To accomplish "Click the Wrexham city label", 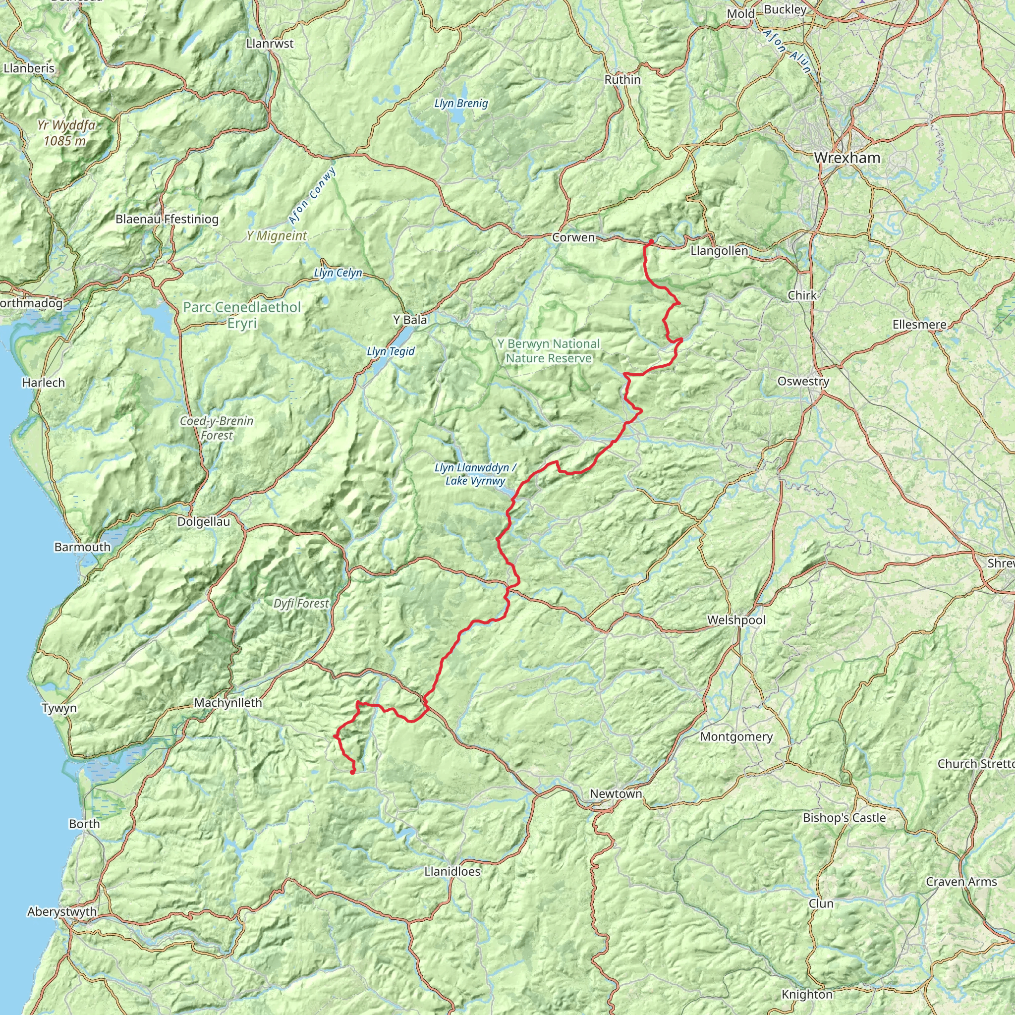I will pyautogui.click(x=847, y=158).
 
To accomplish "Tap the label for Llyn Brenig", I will pyautogui.click(x=461, y=104).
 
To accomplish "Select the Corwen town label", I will pyautogui.click(x=573, y=237).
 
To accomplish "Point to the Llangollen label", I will pyautogui.click(x=719, y=251).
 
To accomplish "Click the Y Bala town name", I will pyautogui.click(x=410, y=320).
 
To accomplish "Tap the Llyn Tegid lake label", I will pyautogui.click(x=391, y=351).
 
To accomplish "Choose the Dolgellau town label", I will pyautogui.click(x=203, y=522).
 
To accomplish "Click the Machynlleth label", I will pyautogui.click(x=227, y=702).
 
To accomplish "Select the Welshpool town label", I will pyautogui.click(x=735, y=620).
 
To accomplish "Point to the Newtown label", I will pyautogui.click(x=616, y=793).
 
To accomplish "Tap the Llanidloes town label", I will pyautogui.click(x=452, y=872).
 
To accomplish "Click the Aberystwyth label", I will pyautogui.click(x=62, y=911).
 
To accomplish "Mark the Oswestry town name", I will pyautogui.click(x=803, y=382).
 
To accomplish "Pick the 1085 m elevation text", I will pyautogui.click(x=64, y=141).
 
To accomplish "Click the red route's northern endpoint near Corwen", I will pyautogui.click(x=650, y=241).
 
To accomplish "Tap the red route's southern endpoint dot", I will pyautogui.click(x=352, y=772).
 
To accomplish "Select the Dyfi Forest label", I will pyautogui.click(x=300, y=604).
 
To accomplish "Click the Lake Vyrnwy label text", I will pyautogui.click(x=475, y=481).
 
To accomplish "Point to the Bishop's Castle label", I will pyautogui.click(x=844, y=817).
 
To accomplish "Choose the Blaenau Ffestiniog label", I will pyautogui.click(x=167, y=219).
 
